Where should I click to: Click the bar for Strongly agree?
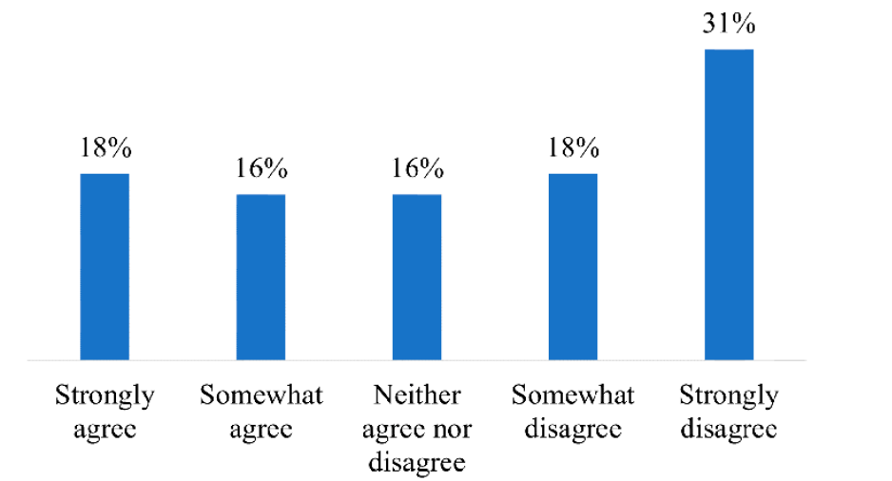click(105, 267)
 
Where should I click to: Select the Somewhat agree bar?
click(261, 278)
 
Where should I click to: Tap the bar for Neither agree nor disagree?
click(417, 278)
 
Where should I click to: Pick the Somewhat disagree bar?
click(572, 267)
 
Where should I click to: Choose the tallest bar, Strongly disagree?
click(728, 205)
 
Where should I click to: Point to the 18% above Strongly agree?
click(105, 149)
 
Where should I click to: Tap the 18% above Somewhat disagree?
click(572, 149)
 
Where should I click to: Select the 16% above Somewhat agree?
click(261, 169)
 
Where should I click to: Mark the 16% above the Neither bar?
click(417, 169)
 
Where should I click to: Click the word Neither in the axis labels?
click(417, 395)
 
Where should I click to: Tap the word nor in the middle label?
click(452, 429)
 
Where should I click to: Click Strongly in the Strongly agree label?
click(105, 395)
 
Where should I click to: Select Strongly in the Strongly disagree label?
click(728, 395)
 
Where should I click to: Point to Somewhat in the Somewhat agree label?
click(261, 395)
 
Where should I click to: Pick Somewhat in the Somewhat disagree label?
click(572, 395)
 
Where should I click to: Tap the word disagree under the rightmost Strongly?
click(728, 429)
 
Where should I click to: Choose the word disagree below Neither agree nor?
click(417, 462)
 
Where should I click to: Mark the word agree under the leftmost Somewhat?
click(261, 429)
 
